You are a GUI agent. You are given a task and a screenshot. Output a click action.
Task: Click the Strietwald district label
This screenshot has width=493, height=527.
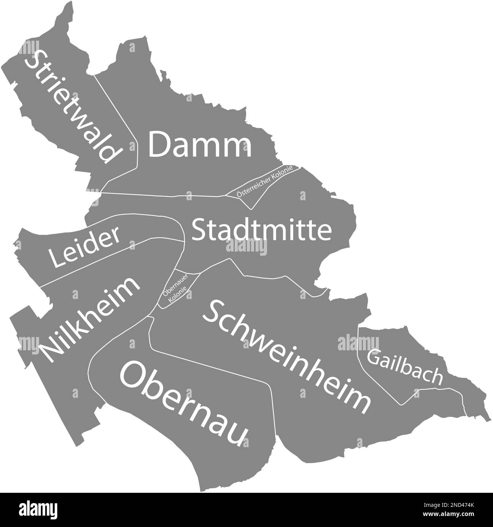pyautogui.click(x=72, y=106)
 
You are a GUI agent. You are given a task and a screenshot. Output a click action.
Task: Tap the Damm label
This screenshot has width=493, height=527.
pyautogui.click(x=200, y=145)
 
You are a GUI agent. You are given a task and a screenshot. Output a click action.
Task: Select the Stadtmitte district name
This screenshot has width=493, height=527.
pyautogui.click(x=262, y=230)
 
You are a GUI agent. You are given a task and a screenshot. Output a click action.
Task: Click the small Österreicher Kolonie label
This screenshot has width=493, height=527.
pyautogui.click(x=264, y=181)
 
